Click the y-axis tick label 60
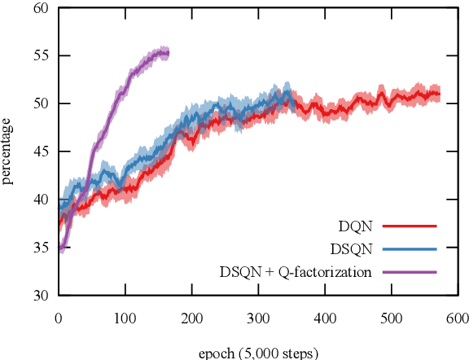click(x=41, y=8)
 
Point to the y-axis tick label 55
click(x=41, y=56)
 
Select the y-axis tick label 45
click(x=41, y=151)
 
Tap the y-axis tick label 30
click(x=41, y=295)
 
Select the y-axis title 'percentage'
click(x=8, y=151)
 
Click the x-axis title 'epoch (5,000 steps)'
click(x=257, y=353)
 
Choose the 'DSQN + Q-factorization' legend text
click(x=296, y=271)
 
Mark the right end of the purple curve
click(x=168, y=54)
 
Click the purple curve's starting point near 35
click(x=59, y=249)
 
